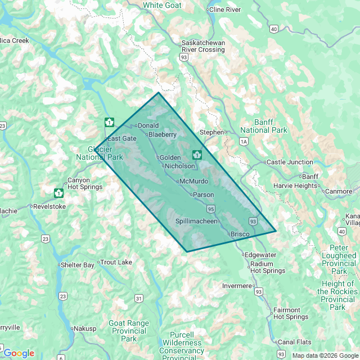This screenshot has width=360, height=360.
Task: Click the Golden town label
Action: point(170,157)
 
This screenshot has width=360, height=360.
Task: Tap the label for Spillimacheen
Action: point(196,221)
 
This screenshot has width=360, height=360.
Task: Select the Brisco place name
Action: point(239,233)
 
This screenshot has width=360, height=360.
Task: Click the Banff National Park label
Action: point(263,126)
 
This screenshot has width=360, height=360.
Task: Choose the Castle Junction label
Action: point(290,162)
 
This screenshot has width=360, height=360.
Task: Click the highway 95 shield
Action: point(210,209)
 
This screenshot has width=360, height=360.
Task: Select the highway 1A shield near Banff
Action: point(243,142)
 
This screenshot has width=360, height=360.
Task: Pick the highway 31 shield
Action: point(138,298)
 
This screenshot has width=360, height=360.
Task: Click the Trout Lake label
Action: point(116,262)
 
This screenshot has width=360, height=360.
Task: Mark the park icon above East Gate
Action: point(109,122)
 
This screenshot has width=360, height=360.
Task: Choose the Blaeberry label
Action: point(163,134)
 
